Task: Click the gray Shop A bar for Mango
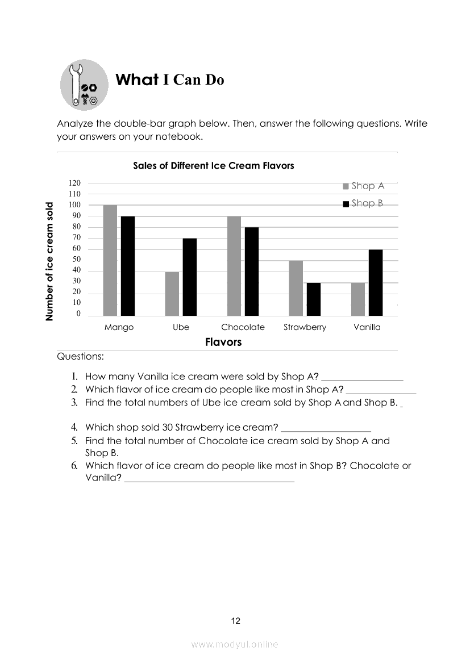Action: (110, 260)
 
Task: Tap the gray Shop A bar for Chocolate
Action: (234, 266)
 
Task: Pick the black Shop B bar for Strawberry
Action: (313, 299)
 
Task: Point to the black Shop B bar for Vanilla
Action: (375, 282)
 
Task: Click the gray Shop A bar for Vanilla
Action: (358, 299)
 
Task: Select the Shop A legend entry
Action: (364, 186)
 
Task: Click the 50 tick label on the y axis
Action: (76, 260)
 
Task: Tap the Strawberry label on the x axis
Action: (305, 327)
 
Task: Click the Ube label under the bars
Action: (181, 327)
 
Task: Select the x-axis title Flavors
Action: (223, 342)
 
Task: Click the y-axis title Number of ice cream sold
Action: (50, 262)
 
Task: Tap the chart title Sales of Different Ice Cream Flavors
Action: (213, 166)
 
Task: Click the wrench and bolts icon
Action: (84, 86)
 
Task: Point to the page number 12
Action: (236, 621)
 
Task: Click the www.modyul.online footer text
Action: (235, 644)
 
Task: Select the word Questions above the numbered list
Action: (80, 357)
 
